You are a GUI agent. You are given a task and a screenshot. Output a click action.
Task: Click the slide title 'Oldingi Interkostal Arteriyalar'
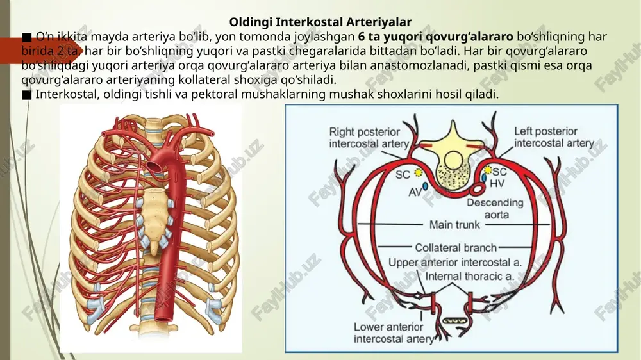(x=320, y=22)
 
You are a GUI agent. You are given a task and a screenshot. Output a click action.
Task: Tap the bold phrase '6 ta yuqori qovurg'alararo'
(x=436, y=37)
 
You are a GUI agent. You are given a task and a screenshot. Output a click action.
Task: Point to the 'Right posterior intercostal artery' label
(x=369, y=138)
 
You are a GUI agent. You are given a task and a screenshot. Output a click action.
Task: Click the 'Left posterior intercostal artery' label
(x=554, y=137)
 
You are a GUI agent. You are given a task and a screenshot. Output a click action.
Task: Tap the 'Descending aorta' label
(x=495, y=208)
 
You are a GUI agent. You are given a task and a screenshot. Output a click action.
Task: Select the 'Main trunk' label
(x=454, y=224)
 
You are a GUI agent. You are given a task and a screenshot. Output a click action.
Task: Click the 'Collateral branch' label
(x=456, y=248)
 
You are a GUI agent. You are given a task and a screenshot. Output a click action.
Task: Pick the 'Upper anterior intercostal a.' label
(x=455, y=263)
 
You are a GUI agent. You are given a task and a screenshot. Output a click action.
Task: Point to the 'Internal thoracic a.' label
(x=470, y=277)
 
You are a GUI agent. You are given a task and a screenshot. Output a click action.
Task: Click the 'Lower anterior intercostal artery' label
(x=394, y=332)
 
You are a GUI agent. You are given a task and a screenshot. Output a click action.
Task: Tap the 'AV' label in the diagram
(x=414, y=192)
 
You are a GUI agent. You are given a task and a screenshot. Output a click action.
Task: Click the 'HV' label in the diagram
(x=497, y=184)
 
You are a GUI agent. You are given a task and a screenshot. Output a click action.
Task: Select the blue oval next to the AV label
(x=425, y=186)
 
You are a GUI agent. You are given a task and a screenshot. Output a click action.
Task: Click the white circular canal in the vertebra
(x=453, y=160)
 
